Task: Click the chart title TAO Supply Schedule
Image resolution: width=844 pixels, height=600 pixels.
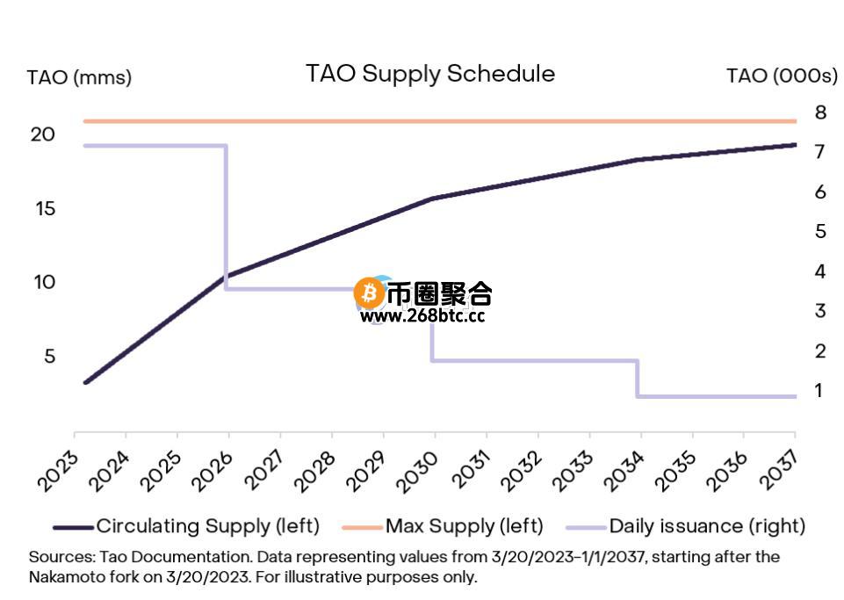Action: coord(429,73)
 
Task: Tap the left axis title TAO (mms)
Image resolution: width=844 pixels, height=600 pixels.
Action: coord(79,77)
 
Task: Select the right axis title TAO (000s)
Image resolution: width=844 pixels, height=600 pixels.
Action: coord(782,76)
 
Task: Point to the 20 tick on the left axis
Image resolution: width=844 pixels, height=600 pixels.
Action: coord(43,134)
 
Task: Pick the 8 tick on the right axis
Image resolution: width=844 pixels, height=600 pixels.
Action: coord(820,112)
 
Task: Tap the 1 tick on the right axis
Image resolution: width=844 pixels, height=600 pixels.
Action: coord(820,390)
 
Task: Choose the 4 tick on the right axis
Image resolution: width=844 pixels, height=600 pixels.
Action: coord(820,271)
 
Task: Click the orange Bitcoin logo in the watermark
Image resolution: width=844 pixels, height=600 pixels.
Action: coord(368,293)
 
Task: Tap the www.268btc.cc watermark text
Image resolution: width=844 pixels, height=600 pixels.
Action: coord(422,316)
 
